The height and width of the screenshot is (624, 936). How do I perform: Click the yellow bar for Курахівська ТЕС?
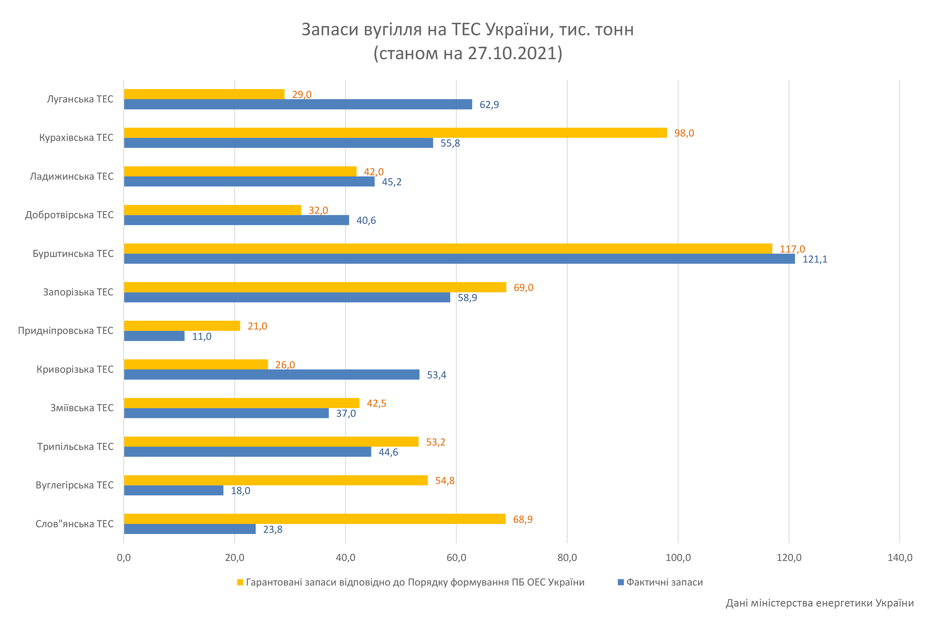(x=395, y=133)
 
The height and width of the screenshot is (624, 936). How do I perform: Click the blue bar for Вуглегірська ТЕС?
(x=173, y=490)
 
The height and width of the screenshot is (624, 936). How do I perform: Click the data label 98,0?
(x=684, y=133)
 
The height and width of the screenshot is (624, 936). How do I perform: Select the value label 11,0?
(x=202, y=337)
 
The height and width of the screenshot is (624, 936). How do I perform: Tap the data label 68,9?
(x=523, y=519)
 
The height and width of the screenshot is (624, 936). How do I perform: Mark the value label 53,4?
(x=436, y=375)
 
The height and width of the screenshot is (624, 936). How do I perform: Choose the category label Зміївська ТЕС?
(x=82, y=408)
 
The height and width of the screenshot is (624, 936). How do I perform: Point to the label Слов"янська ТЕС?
(x=74, y=524)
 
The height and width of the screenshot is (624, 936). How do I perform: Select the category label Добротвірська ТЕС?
(x=69, y=215)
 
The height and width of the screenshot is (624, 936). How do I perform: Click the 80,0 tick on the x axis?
(x=567, y=557)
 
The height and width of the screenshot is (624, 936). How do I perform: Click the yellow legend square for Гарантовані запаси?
(x=240, y=582)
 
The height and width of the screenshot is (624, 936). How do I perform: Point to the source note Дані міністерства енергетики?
(x=819, y=603)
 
